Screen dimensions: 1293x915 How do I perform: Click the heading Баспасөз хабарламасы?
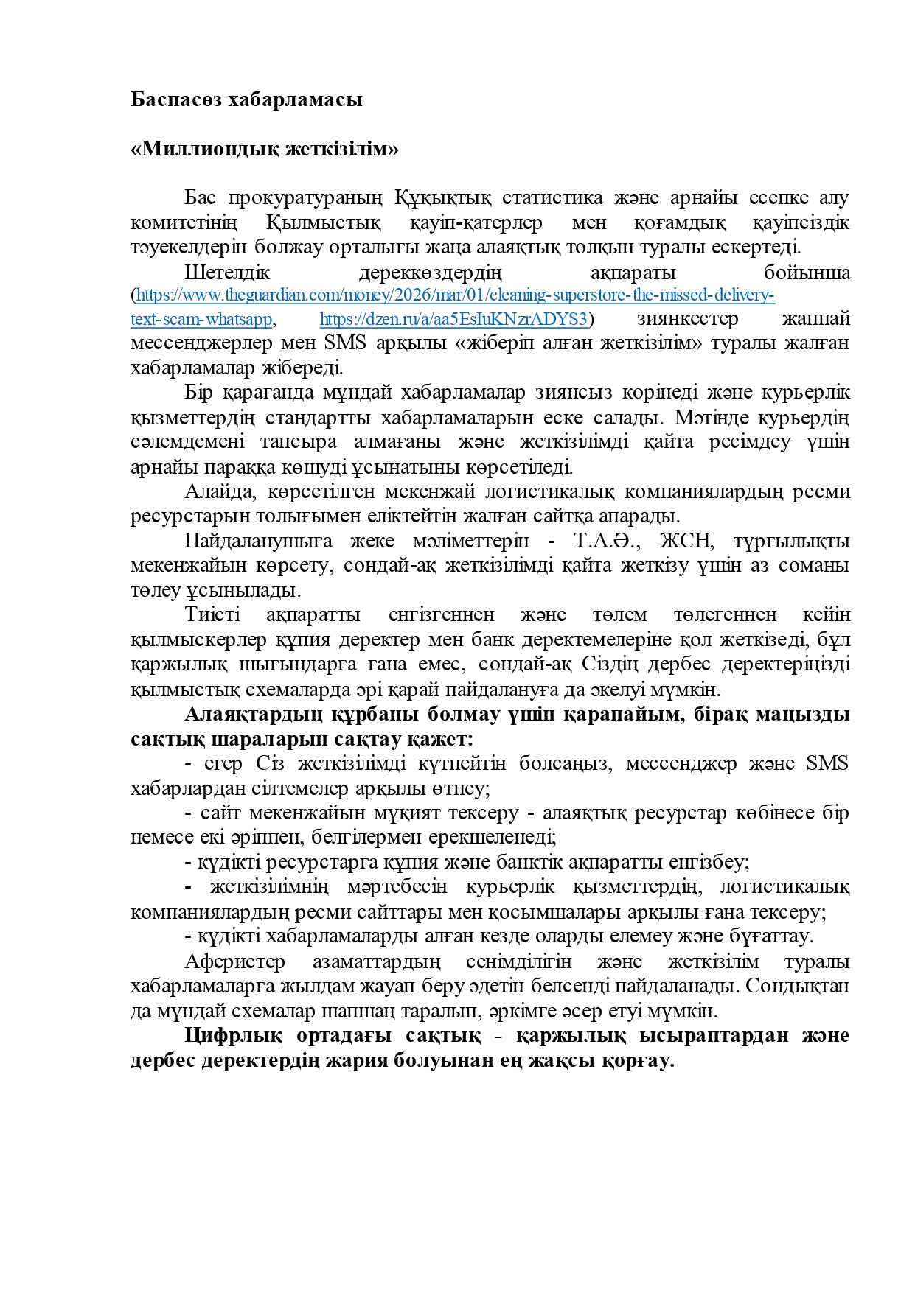coord(246,99)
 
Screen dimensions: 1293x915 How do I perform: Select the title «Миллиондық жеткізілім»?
coord(264,149)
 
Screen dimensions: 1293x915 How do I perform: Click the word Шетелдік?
coord(227,273)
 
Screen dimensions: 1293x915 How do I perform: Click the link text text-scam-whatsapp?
coord(201,319)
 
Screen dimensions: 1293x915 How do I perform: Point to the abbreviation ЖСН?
coord(686,541)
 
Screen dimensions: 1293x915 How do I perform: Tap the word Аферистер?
coord(234,961)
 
